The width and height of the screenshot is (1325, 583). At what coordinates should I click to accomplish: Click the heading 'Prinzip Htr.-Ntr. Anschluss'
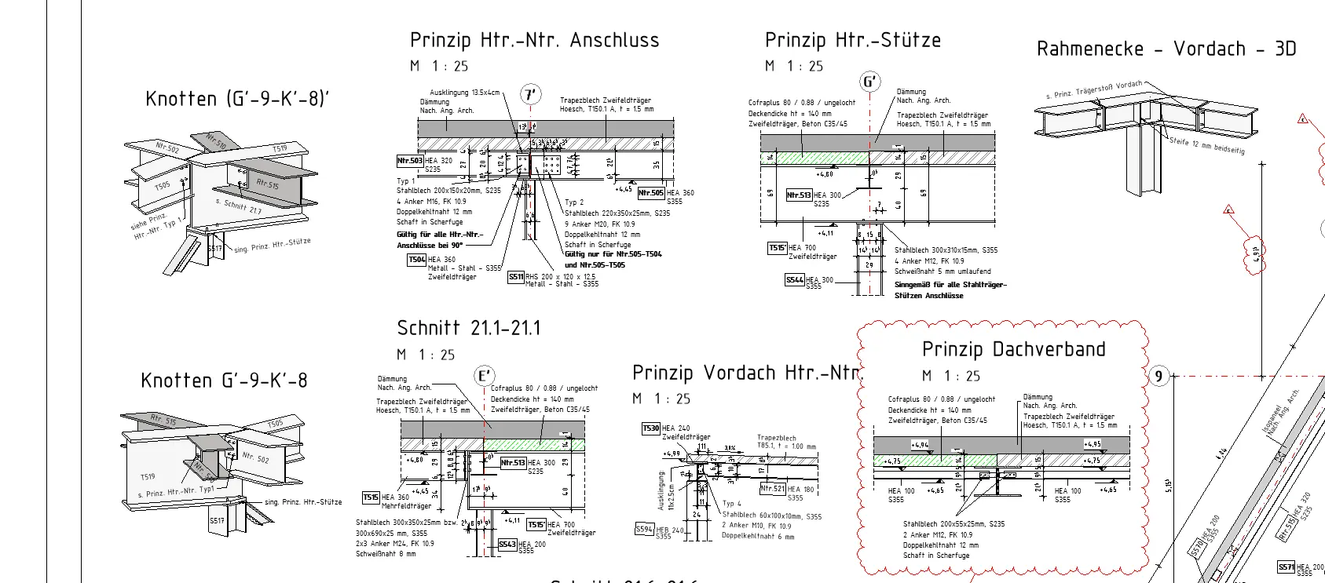(x=534, y=41)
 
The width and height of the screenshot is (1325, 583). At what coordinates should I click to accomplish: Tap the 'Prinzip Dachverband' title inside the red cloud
(x=1013, y=350)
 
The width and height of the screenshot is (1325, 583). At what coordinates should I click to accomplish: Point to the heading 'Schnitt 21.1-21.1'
(x=469, y=328)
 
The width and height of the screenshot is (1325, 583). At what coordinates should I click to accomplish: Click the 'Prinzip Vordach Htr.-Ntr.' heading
(x=747, y=373)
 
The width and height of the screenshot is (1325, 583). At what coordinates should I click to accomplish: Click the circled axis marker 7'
(x=531, y=96)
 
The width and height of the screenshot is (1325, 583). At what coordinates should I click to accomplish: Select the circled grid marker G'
(x=869, y=82)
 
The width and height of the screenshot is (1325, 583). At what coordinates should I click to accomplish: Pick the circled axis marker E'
(x=485, y=377)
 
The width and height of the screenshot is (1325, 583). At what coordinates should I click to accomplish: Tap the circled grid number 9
(x=1158, y=377)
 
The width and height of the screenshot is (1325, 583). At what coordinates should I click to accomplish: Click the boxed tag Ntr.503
(x=410, y=161)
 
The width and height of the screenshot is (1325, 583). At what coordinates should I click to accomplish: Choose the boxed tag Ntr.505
(x=651, y=192)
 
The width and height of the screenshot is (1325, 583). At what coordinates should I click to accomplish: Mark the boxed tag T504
(x=416, y=260)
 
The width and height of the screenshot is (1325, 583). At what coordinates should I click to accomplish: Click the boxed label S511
(x=515, y=276)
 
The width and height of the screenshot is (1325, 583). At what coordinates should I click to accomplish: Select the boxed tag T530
(x=650, y=428)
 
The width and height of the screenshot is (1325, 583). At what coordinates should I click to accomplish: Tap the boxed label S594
(x=644, y=529)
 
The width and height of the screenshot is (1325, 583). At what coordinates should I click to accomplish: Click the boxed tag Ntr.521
(x=773, y=489)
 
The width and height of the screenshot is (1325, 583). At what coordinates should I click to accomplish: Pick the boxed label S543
(x=507, y=545)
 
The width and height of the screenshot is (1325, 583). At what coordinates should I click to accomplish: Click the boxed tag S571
(x=1286, y=567)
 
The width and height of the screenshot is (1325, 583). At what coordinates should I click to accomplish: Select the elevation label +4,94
(x=920, y=445)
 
